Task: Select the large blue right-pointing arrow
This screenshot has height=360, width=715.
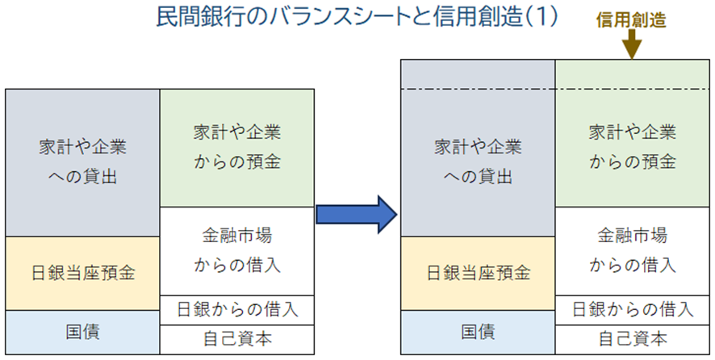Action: (355, 214)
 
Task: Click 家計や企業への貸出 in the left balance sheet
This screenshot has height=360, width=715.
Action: (83, 162)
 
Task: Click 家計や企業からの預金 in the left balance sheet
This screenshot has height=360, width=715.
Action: (237, 147)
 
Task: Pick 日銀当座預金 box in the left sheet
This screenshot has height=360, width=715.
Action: (83, 273)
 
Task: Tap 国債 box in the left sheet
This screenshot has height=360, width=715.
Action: (83, 332)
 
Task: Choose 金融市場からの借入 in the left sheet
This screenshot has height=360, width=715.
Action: (237, 251)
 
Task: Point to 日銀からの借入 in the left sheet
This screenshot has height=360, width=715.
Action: (237, 308)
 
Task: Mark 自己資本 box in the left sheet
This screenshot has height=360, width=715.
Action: (237, 338)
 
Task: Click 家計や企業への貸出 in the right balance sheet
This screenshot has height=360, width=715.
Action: (479, 162)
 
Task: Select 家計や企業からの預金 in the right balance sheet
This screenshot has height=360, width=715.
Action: (632, 147)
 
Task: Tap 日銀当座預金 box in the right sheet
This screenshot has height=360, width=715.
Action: (479, 273)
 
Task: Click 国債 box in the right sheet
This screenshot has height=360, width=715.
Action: (479, 332)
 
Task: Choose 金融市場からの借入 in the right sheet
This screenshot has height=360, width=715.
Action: (632, 251)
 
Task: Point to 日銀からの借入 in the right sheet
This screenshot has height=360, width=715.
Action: (632, 308)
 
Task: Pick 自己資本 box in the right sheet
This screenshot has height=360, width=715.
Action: (632, 338)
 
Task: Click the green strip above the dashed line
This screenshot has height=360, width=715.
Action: (632, 74)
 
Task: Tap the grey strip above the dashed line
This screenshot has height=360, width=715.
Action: (479, 74)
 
